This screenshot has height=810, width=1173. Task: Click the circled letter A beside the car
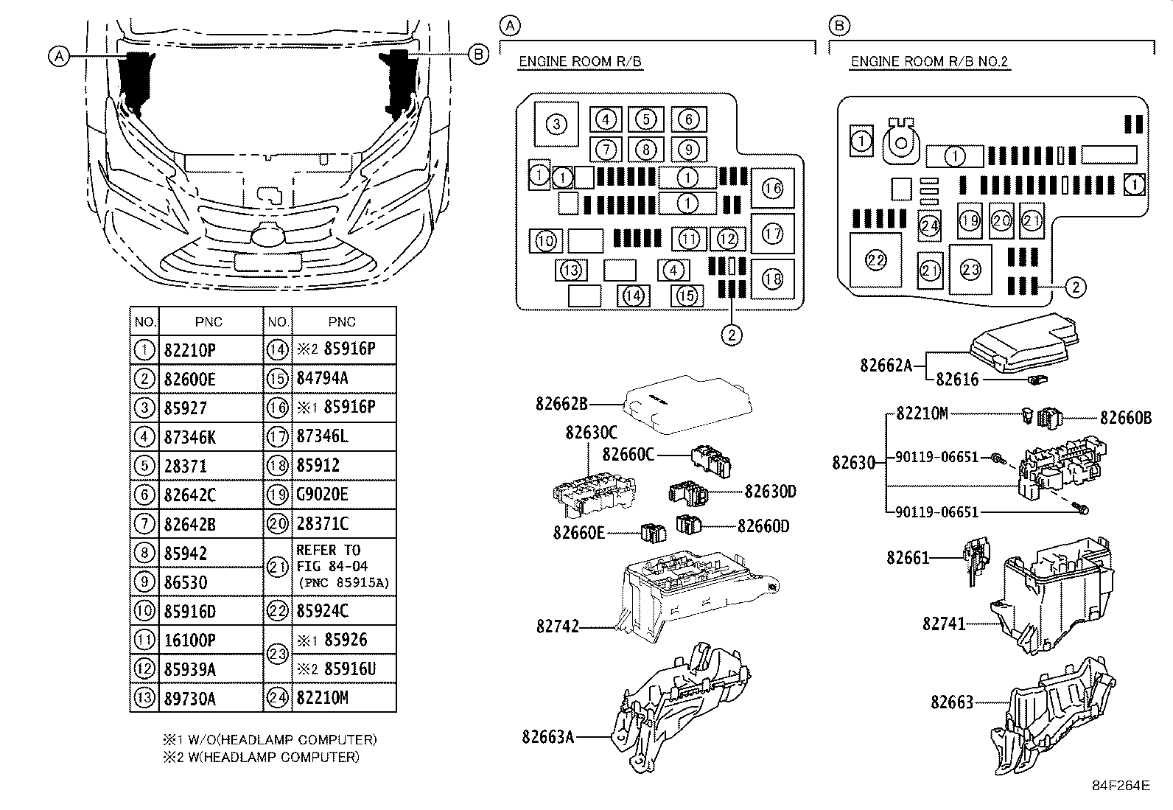60,55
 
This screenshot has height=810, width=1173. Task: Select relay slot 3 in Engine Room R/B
556,124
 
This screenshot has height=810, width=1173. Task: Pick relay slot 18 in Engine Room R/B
772,279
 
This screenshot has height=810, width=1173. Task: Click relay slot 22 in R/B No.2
876,260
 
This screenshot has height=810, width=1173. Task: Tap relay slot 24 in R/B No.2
930,226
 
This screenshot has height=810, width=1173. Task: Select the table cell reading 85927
186,408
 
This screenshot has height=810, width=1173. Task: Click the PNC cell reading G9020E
322,495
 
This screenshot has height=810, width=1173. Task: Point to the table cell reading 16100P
190,640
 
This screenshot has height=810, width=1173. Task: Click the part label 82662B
562,404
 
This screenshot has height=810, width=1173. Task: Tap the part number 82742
558,627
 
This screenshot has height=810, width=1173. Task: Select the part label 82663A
548,736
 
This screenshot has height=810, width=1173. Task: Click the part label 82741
944,624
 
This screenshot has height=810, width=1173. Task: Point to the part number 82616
957,380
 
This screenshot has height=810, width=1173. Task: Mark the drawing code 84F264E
1121,786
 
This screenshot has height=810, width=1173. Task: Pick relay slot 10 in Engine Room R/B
545,240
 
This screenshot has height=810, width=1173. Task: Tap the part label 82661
908,558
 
